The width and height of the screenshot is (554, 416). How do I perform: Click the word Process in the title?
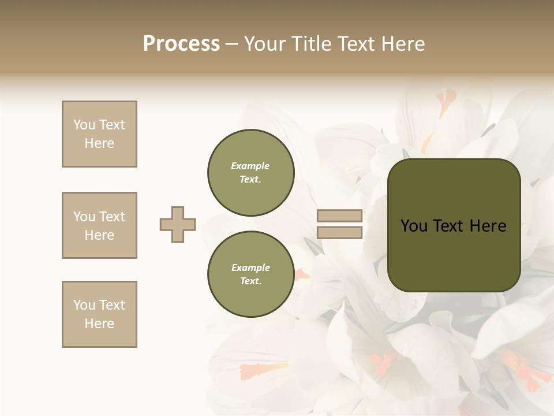(181, 44)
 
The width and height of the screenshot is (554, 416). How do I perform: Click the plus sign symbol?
(178, 224)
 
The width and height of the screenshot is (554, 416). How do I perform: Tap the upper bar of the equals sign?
(339, 216)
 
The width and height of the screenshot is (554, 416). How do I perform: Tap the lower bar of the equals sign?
(339, 233)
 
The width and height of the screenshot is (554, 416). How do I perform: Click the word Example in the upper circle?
(250, 166)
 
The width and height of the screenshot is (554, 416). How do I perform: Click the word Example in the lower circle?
(250, 268)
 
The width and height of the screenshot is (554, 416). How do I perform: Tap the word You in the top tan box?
(84, 125)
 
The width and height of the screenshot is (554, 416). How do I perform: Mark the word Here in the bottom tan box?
(99, 324)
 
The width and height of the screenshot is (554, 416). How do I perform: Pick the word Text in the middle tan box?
(112, 217)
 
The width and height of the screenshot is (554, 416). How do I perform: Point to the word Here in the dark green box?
(488, 226)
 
